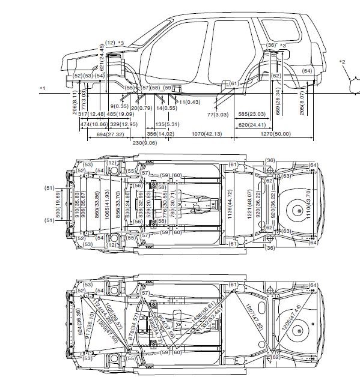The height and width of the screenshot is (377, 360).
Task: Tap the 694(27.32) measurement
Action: [110, 134]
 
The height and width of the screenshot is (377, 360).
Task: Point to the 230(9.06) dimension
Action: [145, 143]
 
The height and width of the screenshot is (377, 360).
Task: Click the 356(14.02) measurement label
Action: [160, 134]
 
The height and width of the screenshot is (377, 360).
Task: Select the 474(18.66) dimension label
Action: [93, 124]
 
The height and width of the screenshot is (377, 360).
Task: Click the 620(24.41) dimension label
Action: [252, 124]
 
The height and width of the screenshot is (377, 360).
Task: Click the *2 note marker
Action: [342, 62]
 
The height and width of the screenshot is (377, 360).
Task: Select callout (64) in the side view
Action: [307, 71]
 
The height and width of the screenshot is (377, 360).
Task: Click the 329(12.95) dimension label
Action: [120, 124]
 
